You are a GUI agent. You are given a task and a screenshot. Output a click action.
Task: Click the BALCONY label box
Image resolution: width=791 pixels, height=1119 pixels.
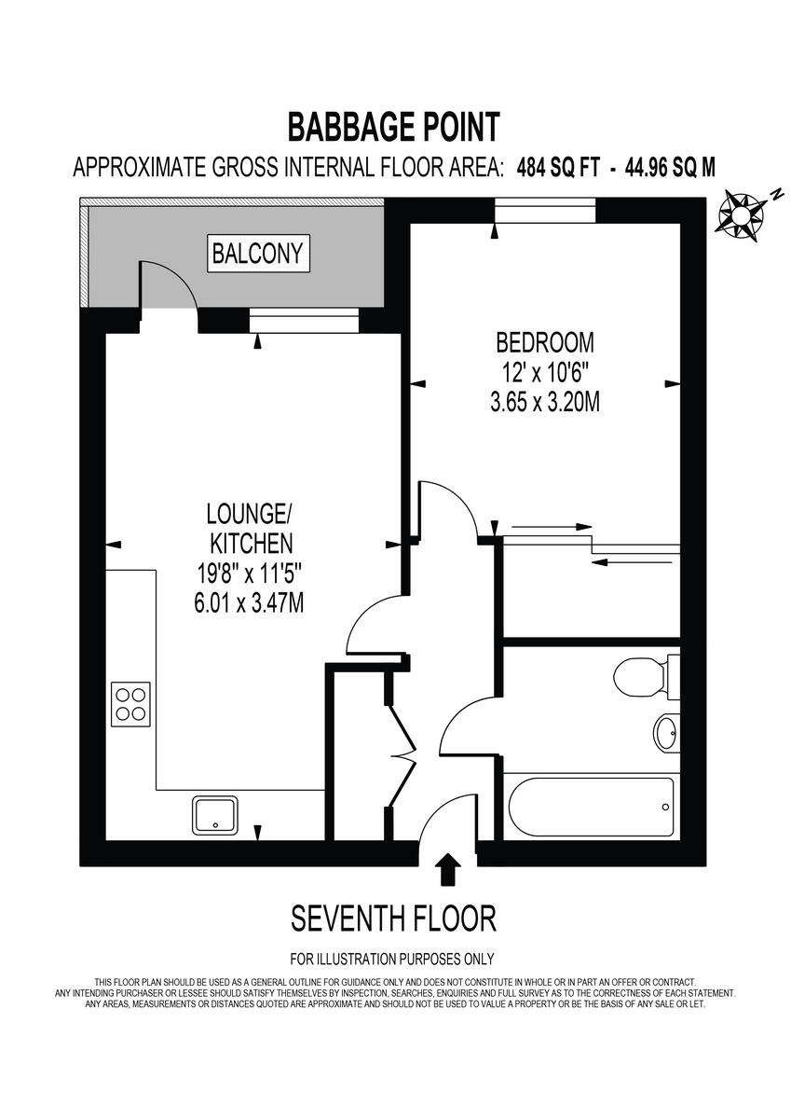pos(258,253)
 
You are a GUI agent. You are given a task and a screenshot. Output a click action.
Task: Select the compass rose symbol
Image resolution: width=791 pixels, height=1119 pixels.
pos(742,215)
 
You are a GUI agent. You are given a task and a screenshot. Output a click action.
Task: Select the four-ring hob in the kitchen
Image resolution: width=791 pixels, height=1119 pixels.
pos(131,704)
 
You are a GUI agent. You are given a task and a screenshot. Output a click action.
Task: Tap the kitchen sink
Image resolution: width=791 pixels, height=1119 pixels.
pos(216,814)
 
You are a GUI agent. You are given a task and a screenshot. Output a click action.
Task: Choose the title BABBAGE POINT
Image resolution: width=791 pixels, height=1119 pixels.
pos(393,125)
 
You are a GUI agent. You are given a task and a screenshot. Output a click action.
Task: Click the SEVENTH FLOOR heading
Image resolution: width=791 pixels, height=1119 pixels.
pos(393,919)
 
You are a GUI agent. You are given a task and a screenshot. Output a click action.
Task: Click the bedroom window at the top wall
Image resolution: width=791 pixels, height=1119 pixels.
pos(544,212)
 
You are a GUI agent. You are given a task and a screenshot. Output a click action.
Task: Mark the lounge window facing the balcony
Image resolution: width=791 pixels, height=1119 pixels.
pos(304,322)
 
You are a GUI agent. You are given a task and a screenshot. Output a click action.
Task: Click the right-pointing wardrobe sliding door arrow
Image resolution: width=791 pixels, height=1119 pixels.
pos(552,527)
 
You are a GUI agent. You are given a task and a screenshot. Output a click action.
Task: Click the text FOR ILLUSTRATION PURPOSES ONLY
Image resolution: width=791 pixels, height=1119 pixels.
pos(392,959)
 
